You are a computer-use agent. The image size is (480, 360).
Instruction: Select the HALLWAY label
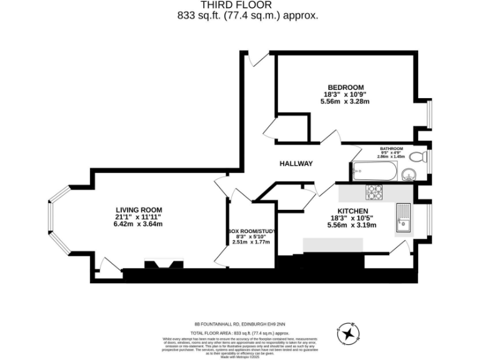tap(296, 164)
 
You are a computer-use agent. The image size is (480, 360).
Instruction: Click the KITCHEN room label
tap(352, 211)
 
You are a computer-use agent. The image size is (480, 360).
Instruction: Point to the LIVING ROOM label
tap(139, 210)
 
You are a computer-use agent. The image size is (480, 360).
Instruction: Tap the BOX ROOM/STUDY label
tap(251, 231)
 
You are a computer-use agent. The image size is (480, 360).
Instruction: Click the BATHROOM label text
tap(392, 149)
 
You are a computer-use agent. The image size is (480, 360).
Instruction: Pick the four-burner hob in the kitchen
tap(374, 191)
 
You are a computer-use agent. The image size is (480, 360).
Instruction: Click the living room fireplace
tap(163, 264)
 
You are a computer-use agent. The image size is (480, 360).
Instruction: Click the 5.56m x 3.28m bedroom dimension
tap(345, 101)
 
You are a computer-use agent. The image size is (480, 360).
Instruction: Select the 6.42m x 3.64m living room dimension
tap(139, 224)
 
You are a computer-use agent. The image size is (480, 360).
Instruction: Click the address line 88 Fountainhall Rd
tap(239, 324)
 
